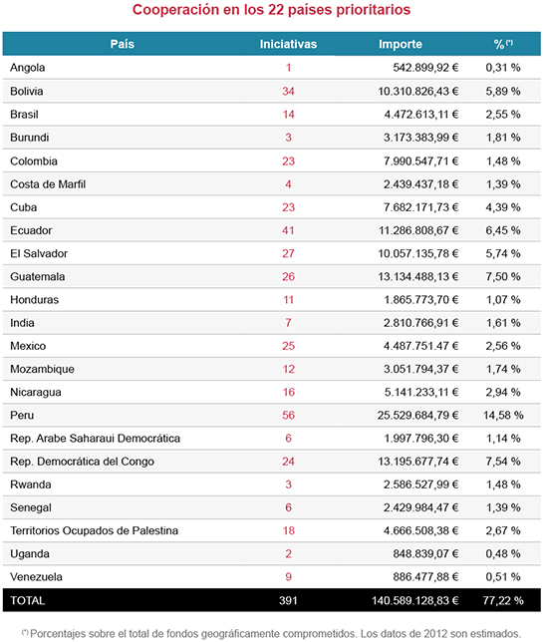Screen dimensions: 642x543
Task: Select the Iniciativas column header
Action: click(x=288, y=44)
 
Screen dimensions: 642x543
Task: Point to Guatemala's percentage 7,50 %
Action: click(x=503, y=276)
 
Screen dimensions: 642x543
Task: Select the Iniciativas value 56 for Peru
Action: click(x=288, y=415)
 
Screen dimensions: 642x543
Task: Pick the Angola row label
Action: click(x=28, y=68)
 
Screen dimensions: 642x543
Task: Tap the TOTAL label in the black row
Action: click(x=29, y=601)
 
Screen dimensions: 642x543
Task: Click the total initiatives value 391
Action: click(x=288, y=601)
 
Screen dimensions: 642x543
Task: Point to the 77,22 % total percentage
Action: click(x=501, y=601)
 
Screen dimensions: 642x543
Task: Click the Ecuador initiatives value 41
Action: click(x=288, y=229)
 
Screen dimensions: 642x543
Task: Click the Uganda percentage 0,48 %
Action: click(x=503, y=554)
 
